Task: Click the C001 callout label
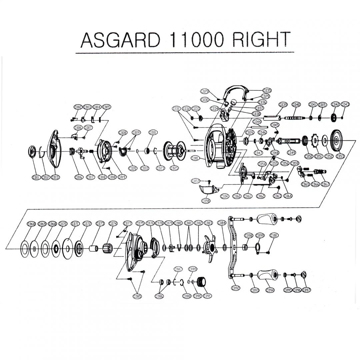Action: [x=195, y=158]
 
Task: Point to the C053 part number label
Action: [x=340, y=156]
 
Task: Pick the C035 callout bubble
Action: [x=267, y=91]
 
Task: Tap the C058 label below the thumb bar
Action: [x=206, y=201]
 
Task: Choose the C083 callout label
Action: [x=208, y=223]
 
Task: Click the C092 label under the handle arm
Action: [x=236, y=288]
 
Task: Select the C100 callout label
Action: [x=274, y=235]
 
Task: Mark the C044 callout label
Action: [x=257, y=121]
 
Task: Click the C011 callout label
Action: [x=36, y=177]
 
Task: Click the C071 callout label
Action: [x=75, y=224]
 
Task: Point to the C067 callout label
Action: [x=326, y=184]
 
